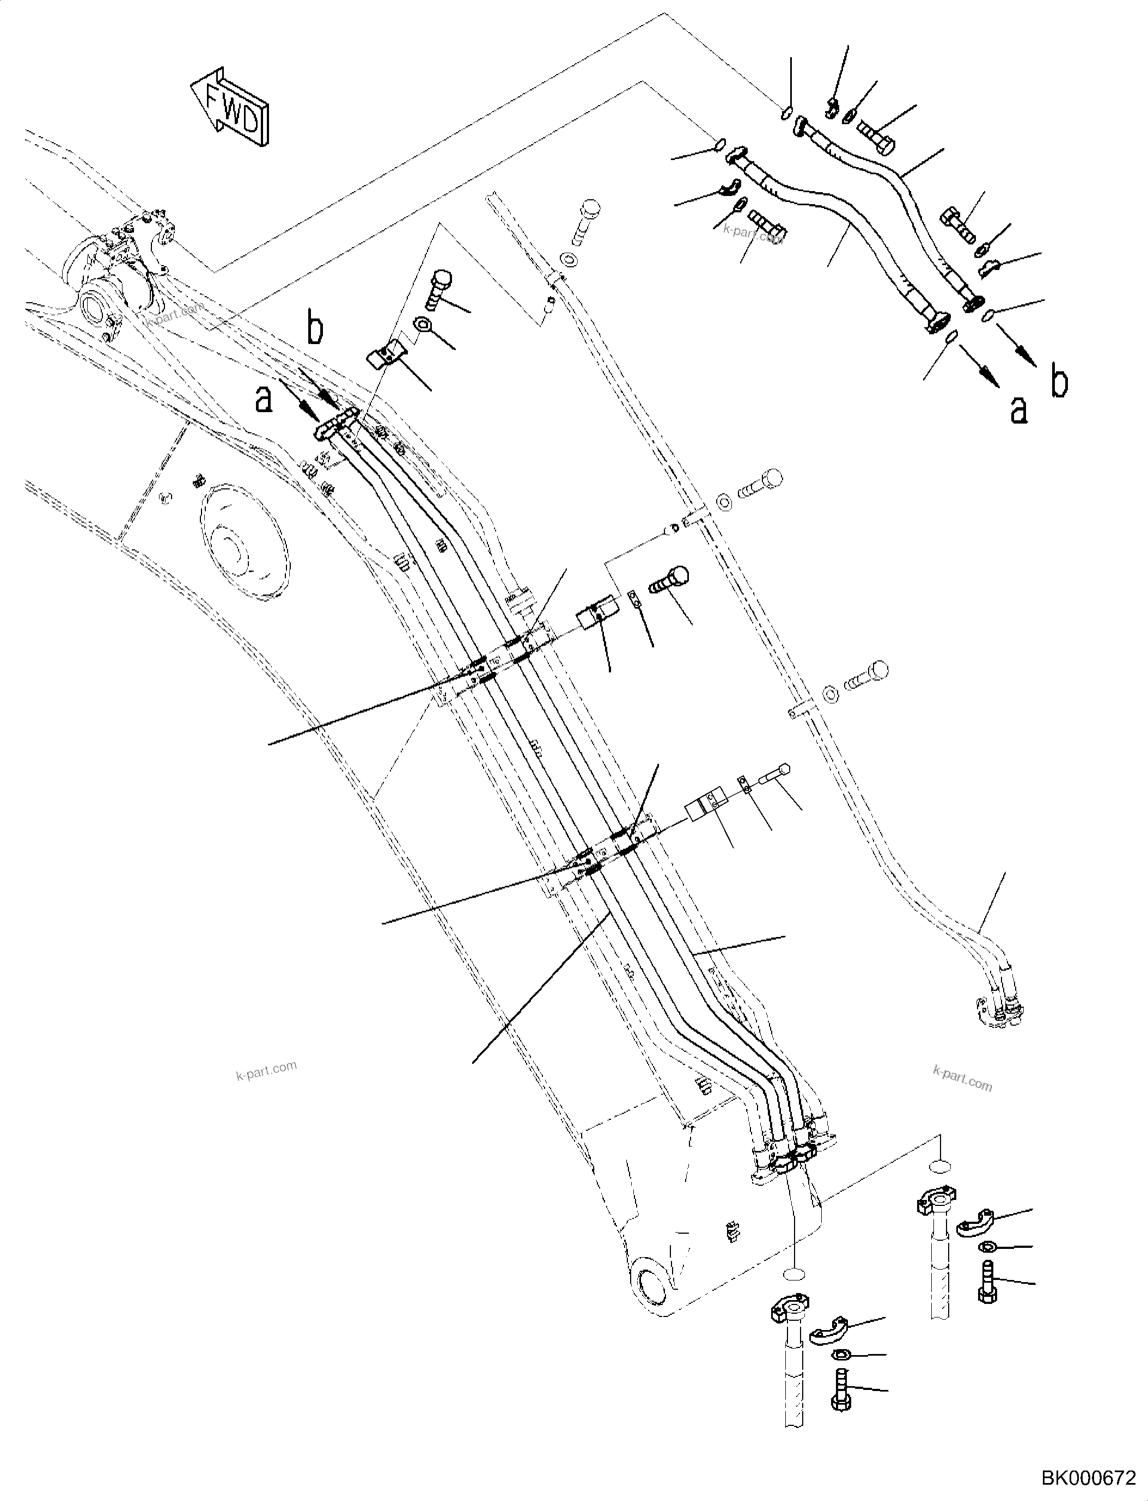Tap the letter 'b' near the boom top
coord(314,328)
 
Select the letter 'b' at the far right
coord(1059,383)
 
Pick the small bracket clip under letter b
coord(387,356)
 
